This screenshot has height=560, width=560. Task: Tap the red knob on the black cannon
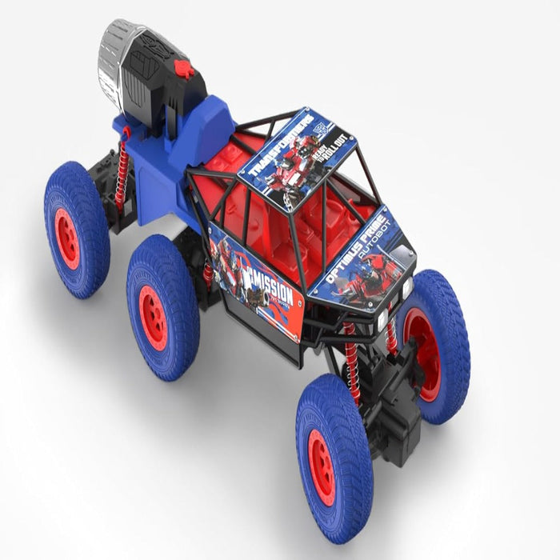point(184,70)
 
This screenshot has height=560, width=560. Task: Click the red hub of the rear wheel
point(67,238)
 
